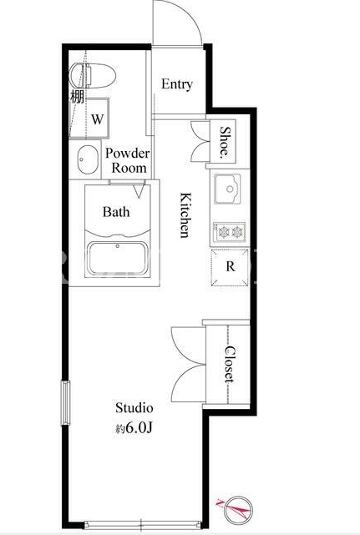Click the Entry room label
click(x=177, y=84)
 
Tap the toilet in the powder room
click(x=92, y=75)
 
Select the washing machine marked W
click(x=89, y=119)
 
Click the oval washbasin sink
click(x=88, y=159)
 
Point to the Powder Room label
click(x=128, y=160)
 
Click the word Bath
click(x=116, y=212)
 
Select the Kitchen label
click(x=185, y=215)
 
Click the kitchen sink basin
click(x=227, y=189)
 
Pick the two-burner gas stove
click(x=229, y=232)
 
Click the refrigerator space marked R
click(x=230, y=267)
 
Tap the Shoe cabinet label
click(x=225, y=140)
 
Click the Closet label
click(x=230, y=364)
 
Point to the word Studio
click(x=134, y=408)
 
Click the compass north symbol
click(x=236, y=509)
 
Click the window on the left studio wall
click(x=65, y=403)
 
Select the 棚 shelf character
click(x=77, y=96)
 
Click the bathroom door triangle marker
click(x=139, y=191)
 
